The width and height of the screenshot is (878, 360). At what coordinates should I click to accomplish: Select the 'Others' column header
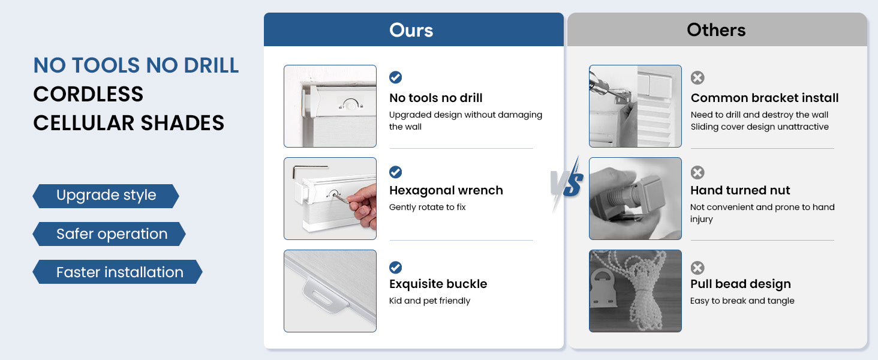(x=717, y=29)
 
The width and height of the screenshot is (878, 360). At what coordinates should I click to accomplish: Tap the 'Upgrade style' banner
(x=106, y=196)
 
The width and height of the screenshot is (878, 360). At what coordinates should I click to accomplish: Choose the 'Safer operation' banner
(x=109, y=234)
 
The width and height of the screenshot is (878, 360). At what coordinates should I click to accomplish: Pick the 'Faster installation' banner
(x=118, y=272)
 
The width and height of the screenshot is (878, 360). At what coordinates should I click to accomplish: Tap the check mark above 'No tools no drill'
(x=395, y=77)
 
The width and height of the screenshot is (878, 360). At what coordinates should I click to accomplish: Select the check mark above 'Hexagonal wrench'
(x=395, y=172)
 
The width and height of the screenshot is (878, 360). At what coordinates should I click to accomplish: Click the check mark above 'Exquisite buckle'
(x=395, y=268)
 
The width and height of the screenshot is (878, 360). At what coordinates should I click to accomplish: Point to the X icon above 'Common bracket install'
(x=697, y=77)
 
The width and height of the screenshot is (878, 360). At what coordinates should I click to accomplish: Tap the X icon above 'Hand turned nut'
(x=697, y=173)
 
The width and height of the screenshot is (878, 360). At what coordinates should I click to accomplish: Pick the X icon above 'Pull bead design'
(x=697, y=268)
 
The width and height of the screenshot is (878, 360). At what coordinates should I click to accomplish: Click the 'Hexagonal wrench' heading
(x=446, y=190)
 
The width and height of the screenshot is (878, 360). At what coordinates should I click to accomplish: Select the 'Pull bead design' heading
(x=741, y=284)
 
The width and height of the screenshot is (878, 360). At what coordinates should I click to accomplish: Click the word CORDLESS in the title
(x=88, y=94)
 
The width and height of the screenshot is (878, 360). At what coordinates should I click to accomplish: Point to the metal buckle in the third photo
(x=324, y=296)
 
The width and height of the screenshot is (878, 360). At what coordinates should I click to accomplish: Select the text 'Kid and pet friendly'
(x=429, y=301)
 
